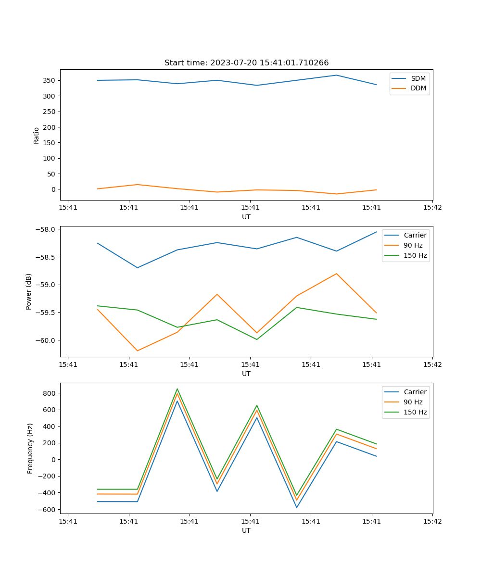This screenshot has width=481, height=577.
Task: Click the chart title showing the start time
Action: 246,63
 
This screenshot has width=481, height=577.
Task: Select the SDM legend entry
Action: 418,78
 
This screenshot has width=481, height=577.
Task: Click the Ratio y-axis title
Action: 37,135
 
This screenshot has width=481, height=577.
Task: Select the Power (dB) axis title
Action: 29,291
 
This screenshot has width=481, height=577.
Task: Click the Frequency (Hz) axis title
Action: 30,448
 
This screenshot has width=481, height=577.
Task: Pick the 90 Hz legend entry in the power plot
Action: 413,245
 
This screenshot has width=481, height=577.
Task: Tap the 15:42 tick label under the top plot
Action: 432,208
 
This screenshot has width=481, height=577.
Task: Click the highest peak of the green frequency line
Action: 177,389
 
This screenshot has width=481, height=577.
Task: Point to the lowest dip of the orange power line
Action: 138,351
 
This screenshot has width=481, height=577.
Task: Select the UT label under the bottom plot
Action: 246,530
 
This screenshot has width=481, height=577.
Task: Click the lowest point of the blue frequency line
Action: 297,507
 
